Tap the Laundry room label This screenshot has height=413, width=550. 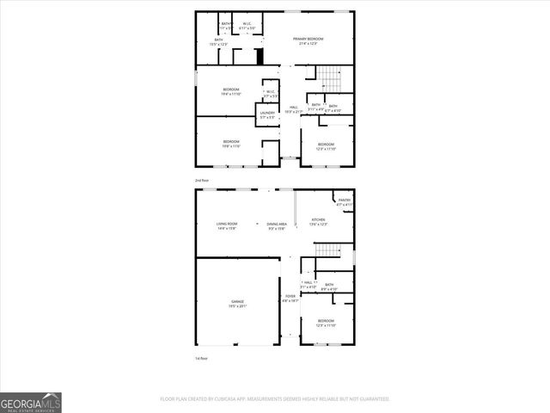pos(266,113)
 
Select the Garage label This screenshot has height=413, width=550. pos(236,301)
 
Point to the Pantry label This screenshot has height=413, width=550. pos(344,200)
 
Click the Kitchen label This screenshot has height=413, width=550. pos(319,219)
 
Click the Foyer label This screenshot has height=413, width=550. pos(290,296)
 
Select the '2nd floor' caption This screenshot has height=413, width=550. pos(202,180)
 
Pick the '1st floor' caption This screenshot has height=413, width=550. pos(202,358)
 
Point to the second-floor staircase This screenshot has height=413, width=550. pos(331,83)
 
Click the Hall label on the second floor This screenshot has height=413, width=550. pos(293,107)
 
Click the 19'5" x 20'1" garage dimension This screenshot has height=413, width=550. pos(236,306)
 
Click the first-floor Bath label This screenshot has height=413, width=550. pos(330,285)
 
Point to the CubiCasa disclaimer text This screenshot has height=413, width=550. pos(275,399)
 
